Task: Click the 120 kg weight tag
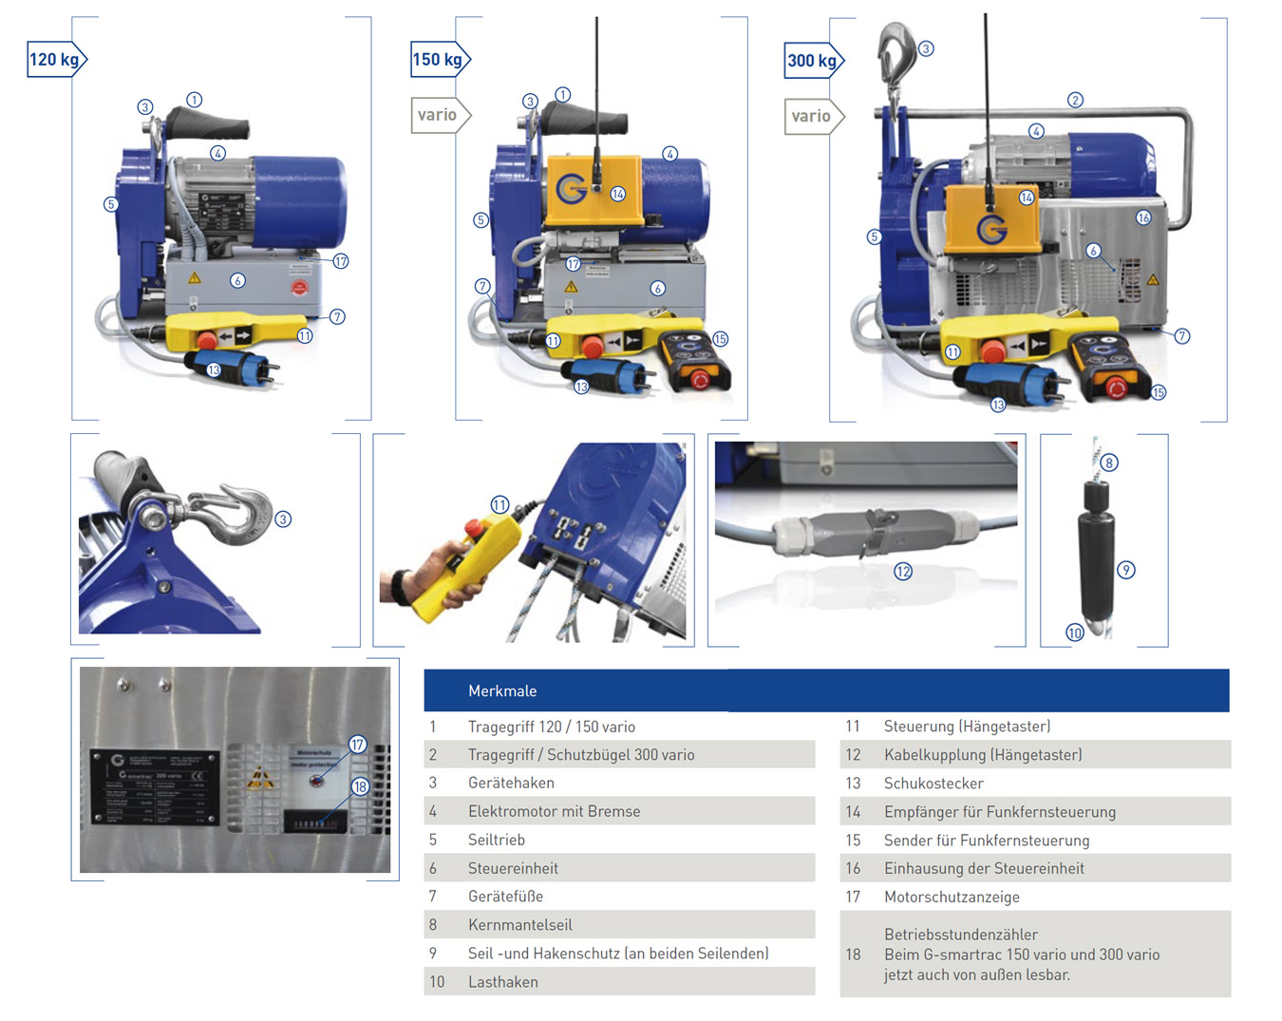click(55, 60)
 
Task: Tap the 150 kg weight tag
click(438, 60)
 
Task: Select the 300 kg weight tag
click(812, 61)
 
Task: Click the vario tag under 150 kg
click(438, 115)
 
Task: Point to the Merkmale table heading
click(502, 691)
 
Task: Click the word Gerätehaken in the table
click(511, 783)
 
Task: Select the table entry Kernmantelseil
click(519, 924)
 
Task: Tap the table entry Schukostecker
click(933, 784)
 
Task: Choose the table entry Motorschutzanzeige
click(952, 897)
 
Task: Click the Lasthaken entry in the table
click(503, 982)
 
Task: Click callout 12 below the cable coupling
click(903, 572)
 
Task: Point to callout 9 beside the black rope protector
click(1126, 570)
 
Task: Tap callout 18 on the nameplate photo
click(360, 786)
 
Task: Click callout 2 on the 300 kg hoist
click(1075, 100)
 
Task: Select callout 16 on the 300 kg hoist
click(1143, 217)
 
